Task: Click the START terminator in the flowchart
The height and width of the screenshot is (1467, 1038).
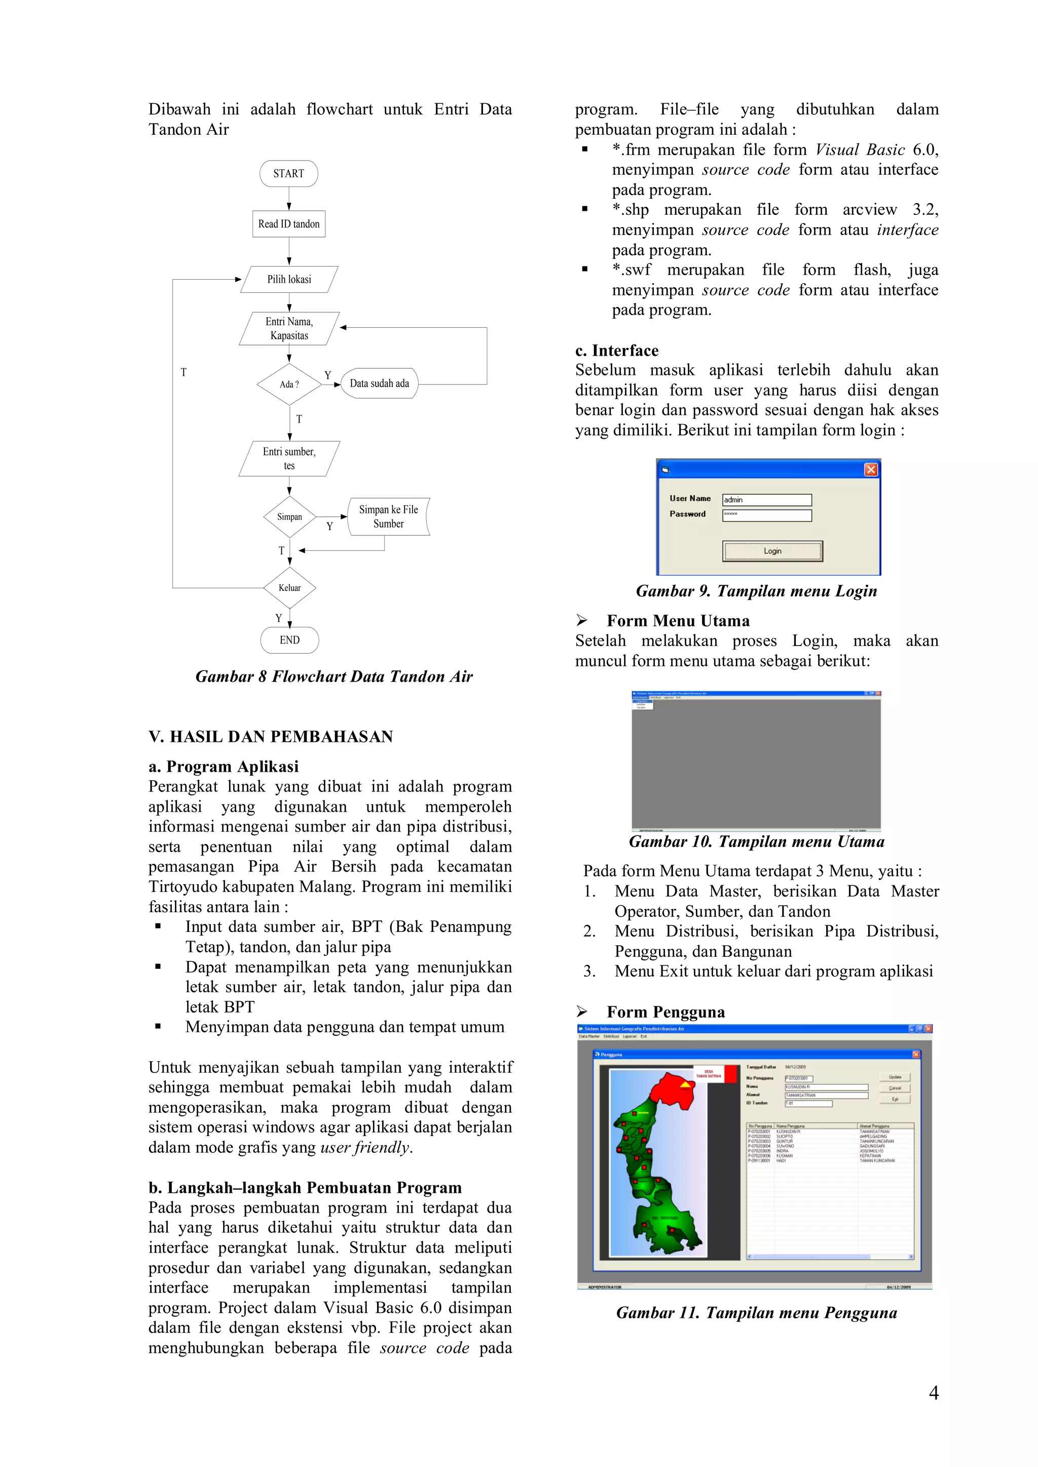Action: click(288, 173)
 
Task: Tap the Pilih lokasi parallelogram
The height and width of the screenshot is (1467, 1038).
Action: click(289, 279)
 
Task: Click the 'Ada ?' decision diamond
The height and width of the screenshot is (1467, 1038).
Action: click(289, 384)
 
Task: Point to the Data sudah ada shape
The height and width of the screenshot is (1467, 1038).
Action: click(379, 384)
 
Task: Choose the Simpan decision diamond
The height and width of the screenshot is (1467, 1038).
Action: click(289, 517)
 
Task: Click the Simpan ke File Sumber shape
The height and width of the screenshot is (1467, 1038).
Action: click(388, 516)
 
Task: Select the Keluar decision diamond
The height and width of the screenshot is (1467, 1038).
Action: click(289, 588)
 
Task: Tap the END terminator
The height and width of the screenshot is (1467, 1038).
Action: click(289, 640)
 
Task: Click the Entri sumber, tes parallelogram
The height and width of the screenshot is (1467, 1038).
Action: click(289, 459)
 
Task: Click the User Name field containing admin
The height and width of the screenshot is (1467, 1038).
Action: click(766, 500)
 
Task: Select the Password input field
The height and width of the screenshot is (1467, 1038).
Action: click(766, 515)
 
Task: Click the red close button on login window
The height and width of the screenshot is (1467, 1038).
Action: click(871, 470)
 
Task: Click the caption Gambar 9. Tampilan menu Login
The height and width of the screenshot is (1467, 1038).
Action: click(756, 591)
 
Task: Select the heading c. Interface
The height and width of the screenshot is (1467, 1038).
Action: click(616, 350)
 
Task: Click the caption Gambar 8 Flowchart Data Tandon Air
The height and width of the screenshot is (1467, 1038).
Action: click(333, 676)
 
